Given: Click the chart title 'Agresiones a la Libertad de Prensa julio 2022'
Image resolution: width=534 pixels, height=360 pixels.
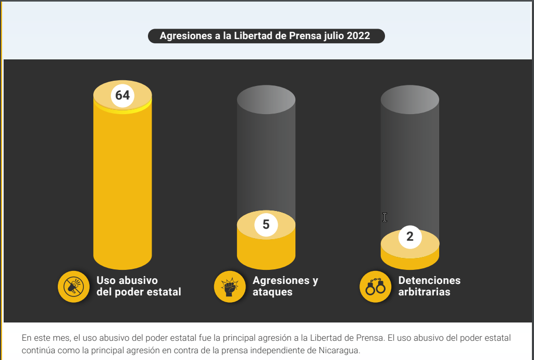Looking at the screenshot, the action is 265,36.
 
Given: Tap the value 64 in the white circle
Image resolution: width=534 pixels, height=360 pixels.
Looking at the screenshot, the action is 122,95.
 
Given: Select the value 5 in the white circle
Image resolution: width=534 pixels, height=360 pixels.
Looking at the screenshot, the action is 266,225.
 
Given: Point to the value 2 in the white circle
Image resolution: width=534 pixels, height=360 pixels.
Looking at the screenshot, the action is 409,237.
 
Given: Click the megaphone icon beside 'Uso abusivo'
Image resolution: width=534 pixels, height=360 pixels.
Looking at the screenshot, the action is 73,287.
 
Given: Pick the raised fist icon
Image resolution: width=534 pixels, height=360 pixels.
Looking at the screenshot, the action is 230,287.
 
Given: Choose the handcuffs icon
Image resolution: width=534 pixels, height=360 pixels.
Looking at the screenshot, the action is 375,287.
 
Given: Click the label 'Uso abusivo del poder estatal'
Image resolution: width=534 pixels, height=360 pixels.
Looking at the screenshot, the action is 139,286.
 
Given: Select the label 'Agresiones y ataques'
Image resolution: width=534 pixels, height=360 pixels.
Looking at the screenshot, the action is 285,286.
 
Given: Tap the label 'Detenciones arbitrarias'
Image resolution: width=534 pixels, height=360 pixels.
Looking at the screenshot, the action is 429,286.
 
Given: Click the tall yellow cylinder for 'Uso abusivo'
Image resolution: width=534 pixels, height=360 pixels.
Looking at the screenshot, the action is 122,184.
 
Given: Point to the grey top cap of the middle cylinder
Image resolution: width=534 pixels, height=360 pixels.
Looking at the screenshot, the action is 266,100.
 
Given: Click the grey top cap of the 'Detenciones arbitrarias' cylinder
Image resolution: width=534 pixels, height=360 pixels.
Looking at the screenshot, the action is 409,100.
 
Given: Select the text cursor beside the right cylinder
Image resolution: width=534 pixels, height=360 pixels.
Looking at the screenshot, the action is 384,217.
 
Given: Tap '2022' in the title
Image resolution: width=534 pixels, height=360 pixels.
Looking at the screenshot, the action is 358,36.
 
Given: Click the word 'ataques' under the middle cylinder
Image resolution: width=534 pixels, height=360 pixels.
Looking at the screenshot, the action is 272,292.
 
